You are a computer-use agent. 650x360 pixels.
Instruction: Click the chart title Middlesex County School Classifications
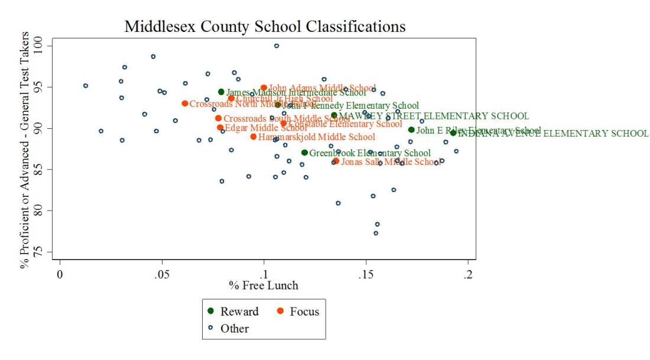(265, 27)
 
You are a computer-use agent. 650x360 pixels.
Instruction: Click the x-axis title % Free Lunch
(264, 286)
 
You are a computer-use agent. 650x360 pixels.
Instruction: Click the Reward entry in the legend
(235, 312)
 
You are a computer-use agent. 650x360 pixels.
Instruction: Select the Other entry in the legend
(235, 329)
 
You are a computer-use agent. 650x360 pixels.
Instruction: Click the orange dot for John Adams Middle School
(264, 88)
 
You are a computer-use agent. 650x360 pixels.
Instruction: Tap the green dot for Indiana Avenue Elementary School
(453, 133)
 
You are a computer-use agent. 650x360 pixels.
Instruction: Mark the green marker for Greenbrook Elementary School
(304, 153)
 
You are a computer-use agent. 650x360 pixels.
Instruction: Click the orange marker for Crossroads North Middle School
(185, 103)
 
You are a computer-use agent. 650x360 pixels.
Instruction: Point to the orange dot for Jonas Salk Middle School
(336, 161)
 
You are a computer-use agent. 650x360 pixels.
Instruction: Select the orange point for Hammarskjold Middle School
(253, 137)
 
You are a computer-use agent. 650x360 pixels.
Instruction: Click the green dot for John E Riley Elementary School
(411, 130)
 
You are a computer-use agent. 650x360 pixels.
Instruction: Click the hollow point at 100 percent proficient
(276, 46)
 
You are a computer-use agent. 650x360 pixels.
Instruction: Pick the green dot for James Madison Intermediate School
(221, 92)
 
